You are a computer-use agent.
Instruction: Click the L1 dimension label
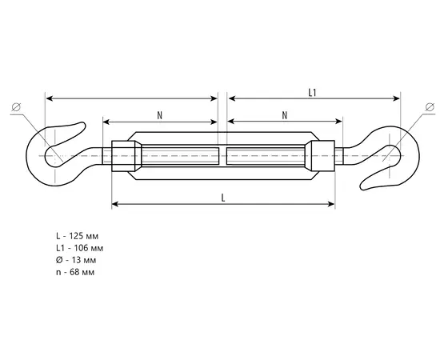(x=312, y=93)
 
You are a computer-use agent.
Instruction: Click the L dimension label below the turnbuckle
(x=223, y=198)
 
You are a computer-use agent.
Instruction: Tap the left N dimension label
(x=160, y=115)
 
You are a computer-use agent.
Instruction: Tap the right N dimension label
(x=285, y=115)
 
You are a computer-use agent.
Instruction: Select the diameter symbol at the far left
(x=16, y=107)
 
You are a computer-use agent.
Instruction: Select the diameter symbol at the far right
(x=430, y=107)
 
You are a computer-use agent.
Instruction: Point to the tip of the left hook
(x=83, y=123)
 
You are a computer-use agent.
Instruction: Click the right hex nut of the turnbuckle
(x=320, y=156)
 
